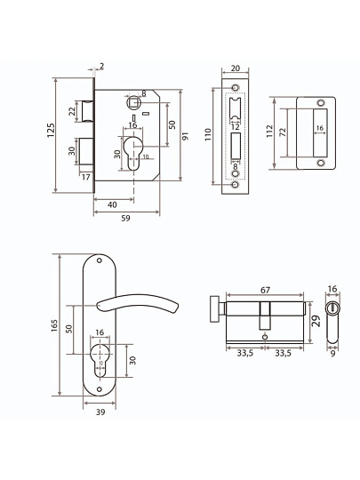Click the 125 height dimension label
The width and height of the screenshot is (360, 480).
[52, 130]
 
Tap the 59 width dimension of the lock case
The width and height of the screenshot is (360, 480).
[125, 219]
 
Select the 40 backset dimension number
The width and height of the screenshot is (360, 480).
[112, 204]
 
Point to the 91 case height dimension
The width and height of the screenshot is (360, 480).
[185, 136]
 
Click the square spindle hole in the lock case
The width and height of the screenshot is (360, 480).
[133, 101]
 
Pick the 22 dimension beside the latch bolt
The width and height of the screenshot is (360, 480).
[72, 111]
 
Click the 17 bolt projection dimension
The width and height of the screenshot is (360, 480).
[86, 177]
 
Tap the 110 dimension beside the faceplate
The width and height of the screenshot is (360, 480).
[208, 134]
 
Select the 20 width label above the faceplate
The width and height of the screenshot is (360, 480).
[235, 68]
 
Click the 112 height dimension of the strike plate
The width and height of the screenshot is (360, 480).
[269, 131]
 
